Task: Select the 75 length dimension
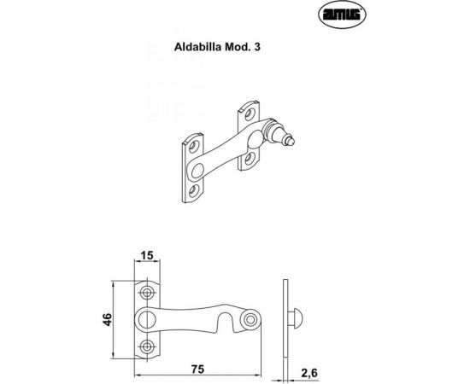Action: [197, 369]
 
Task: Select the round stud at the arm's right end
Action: [251, 319]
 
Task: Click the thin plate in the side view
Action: [286, 319]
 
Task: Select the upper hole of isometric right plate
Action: [250, 112]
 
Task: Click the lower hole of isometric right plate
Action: [250, 158]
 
